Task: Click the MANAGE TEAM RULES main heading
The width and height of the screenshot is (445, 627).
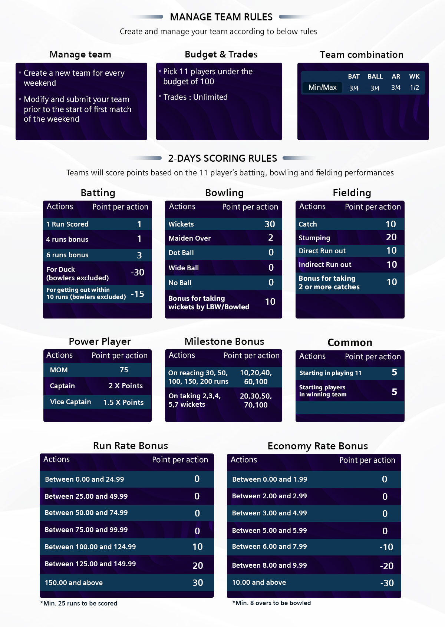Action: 221,17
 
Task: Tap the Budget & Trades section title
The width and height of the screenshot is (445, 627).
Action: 221,55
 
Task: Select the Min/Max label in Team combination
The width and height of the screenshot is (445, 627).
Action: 322,88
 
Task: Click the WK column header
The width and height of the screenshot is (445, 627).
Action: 414,76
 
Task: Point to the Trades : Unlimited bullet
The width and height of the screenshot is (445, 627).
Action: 195,97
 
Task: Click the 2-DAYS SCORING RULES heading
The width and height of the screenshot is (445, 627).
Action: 222,158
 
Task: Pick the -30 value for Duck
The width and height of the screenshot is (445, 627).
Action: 138,273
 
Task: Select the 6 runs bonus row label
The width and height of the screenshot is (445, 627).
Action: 67,255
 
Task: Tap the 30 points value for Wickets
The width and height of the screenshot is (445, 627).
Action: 270,224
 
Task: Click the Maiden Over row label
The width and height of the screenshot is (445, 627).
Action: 189,238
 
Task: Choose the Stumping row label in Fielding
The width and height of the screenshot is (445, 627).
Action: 314,238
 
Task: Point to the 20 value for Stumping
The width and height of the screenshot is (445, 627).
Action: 391,237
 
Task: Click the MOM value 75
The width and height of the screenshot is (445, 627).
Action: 124,370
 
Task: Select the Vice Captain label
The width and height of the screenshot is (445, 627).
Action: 70,402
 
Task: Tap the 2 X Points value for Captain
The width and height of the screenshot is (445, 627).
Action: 126,386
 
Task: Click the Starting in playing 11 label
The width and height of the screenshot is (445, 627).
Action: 330,373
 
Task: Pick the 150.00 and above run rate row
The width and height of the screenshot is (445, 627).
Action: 74,583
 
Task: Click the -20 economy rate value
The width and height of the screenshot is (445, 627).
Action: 386,566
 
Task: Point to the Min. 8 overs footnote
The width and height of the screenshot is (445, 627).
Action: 272,603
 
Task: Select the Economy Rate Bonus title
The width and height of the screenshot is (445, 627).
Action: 317,446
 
